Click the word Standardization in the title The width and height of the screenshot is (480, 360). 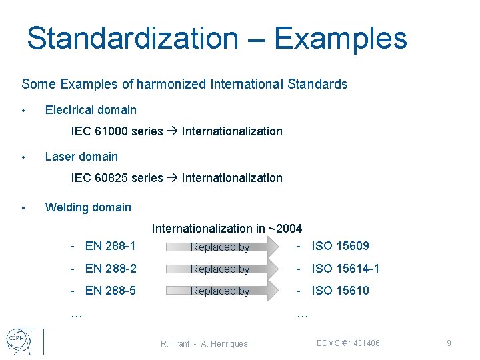point(132,39)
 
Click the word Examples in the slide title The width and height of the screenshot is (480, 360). point(340,39)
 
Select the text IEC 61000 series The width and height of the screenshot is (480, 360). point(117,131)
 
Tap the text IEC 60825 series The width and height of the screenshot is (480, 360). point(117,178)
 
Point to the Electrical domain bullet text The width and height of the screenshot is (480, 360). point(91,110)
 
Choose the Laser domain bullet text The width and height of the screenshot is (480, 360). point(81,157)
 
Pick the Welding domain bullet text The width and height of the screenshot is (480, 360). point(88,207)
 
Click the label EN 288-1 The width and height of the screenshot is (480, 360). point(110,246)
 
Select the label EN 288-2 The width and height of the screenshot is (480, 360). point(110,269)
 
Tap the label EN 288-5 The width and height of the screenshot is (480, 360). point(110,291)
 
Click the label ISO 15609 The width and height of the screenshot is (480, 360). point(340,246)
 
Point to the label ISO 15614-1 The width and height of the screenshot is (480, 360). point(345,269)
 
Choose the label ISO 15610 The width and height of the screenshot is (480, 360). point(340,291)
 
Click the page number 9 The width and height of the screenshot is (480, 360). point(449,343)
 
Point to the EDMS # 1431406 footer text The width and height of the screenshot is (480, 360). point(349,343)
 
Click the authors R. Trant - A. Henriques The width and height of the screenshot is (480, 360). point(204,344)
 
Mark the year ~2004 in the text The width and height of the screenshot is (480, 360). point(285,229)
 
